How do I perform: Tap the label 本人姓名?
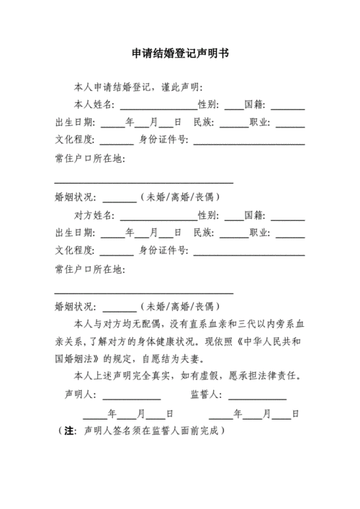tap(94, 104)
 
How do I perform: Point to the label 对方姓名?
tap(94, 215)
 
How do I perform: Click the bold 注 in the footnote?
tap(70, 431)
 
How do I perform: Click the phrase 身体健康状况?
tap(174, 340)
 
